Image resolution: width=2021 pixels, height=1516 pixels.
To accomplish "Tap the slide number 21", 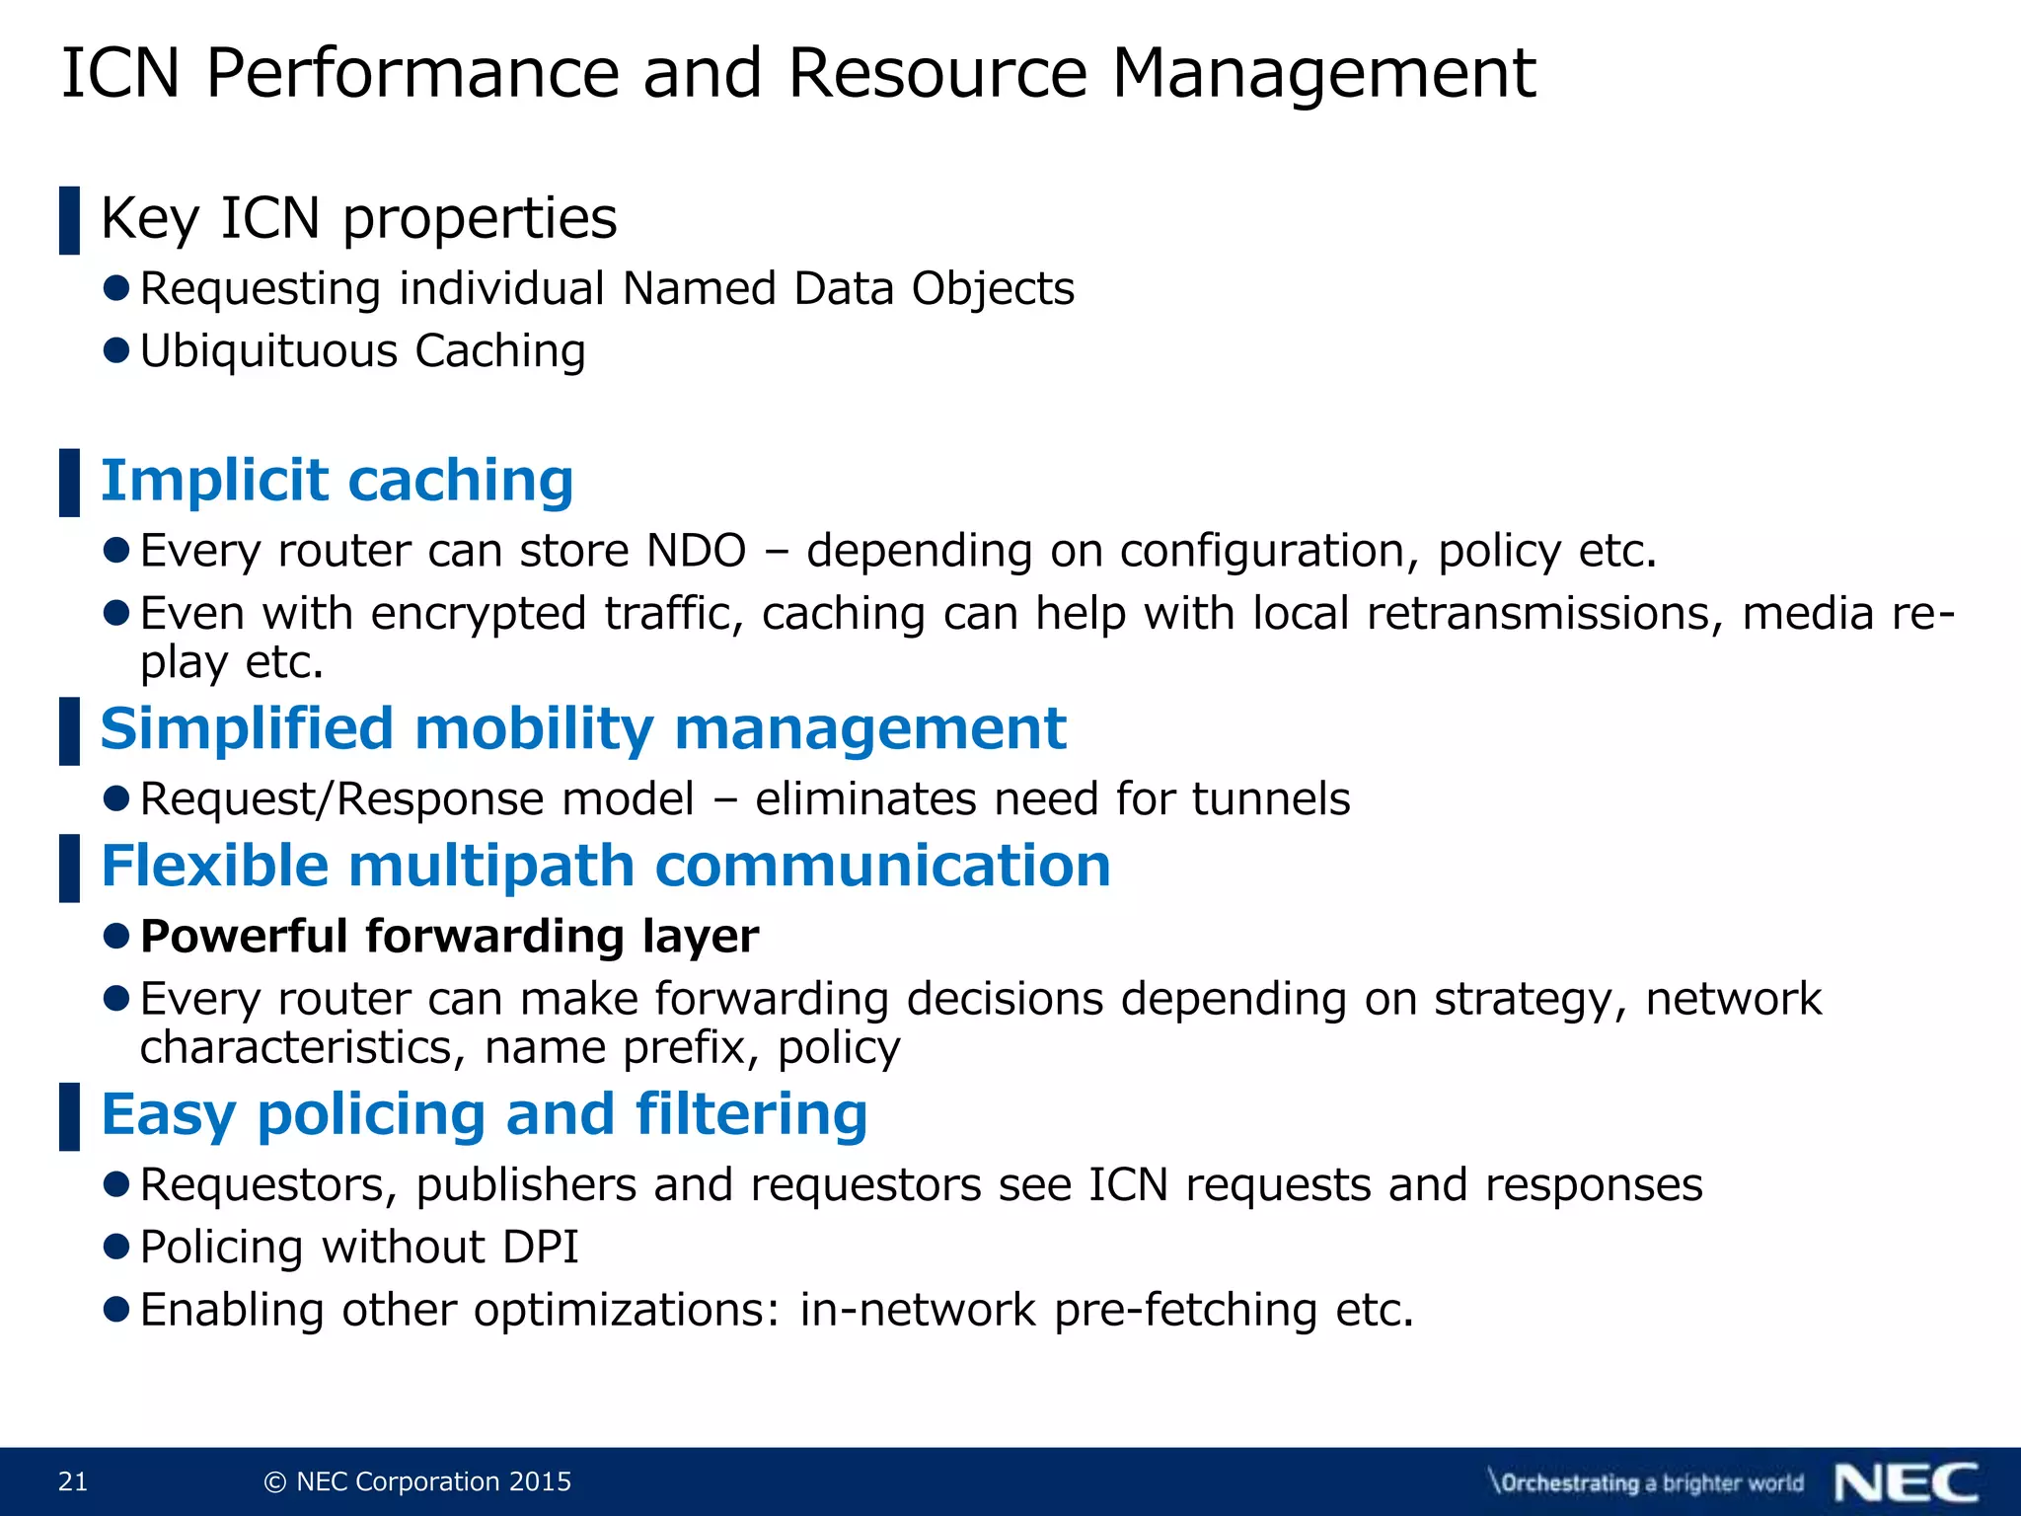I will click(73, 1481).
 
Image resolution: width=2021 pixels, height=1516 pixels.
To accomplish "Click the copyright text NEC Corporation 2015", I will click(418, 1481).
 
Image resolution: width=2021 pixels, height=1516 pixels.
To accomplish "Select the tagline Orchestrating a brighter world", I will click(1646, 1482).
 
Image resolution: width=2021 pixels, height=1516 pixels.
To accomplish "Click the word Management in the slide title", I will click(1323, 73).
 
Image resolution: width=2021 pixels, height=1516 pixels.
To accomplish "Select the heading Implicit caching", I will click(337, 481).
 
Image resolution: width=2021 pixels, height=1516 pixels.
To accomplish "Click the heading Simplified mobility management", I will click(582, 729).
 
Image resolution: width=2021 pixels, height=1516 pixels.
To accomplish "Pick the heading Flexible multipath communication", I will click(605, 867).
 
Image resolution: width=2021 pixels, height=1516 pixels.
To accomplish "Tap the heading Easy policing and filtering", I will click(484, 1114).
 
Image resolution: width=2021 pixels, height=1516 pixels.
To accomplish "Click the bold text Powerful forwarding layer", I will click(449, 937).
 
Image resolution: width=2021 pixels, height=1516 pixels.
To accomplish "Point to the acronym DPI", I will click(540, 1248).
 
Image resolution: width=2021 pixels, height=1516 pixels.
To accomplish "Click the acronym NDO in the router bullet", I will click(696, 551).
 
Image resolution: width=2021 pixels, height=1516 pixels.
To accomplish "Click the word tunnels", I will click(1270, 798).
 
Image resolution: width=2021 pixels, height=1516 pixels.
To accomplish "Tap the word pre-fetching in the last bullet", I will click(1185, 1311).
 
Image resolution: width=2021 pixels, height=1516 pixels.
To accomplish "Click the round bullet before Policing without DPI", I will click(116, 1247).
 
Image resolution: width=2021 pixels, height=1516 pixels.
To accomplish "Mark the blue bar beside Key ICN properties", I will click(69, 220).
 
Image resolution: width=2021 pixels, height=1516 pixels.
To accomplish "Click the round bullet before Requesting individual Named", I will click(116, 288).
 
